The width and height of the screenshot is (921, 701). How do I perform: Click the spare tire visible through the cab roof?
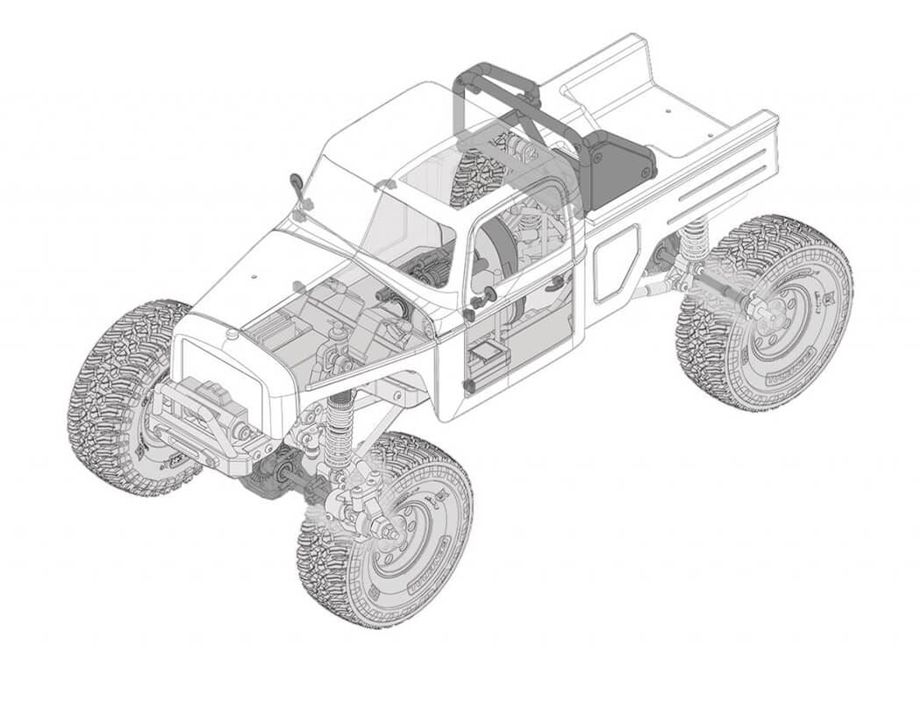[478, 175]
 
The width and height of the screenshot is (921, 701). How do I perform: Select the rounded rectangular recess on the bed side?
[616, 263]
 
